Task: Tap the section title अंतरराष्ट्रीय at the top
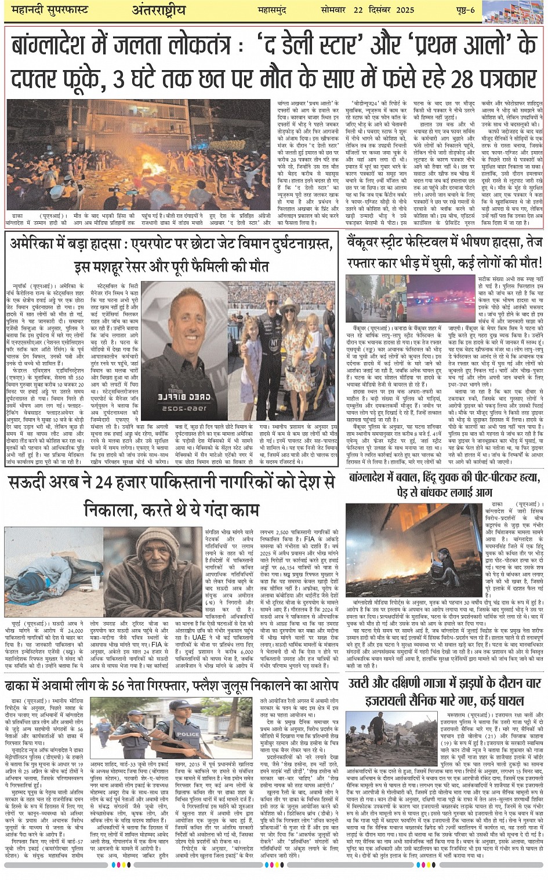coord(158,10)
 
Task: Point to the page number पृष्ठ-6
coord(463,10)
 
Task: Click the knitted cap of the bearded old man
coord(156,538)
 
